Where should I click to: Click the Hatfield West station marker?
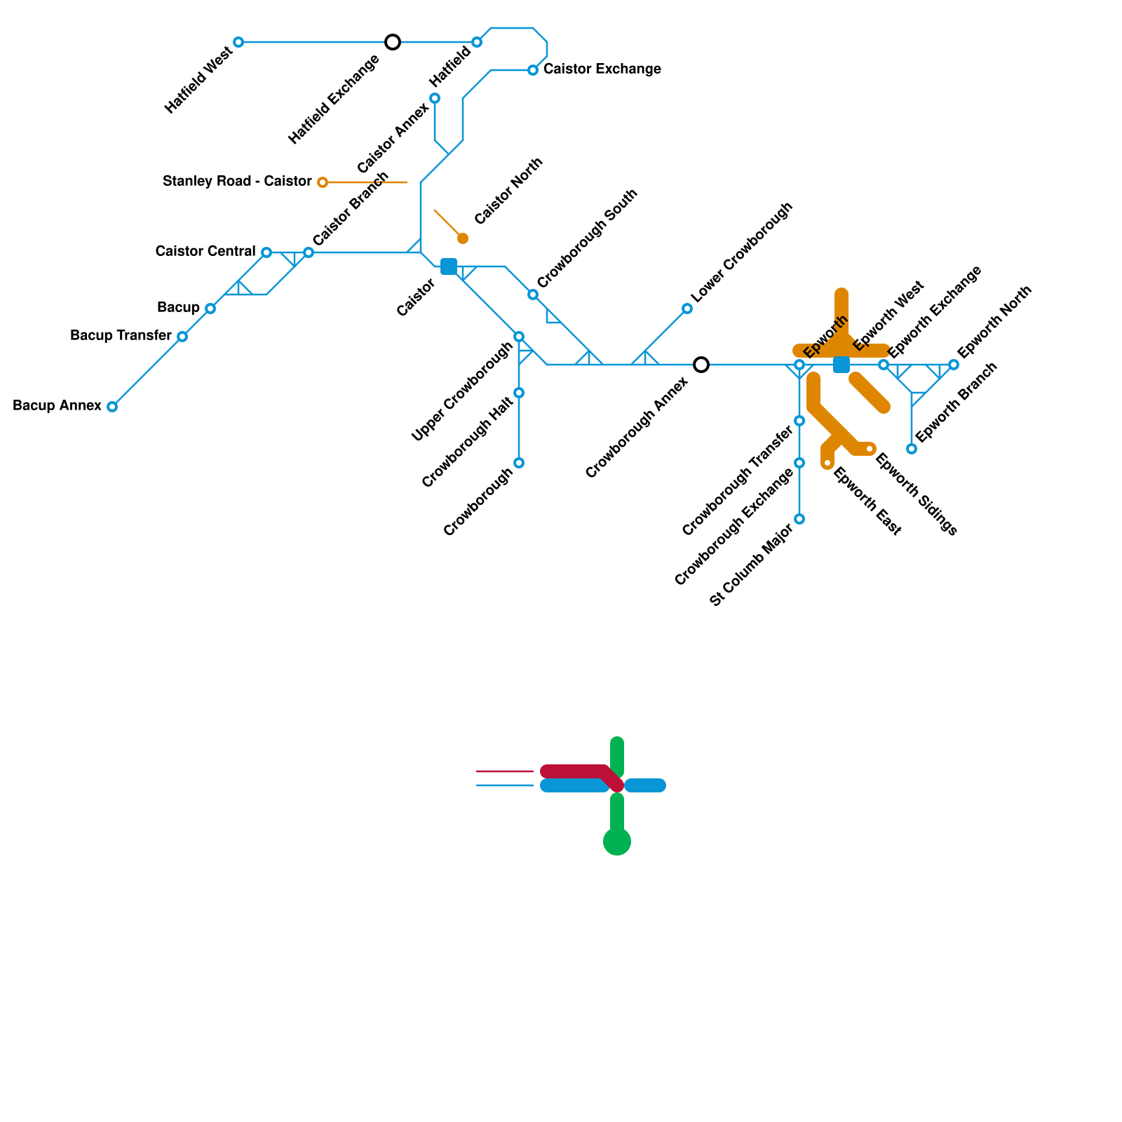pos(238,42)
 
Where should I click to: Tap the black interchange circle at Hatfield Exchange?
pos(393,42)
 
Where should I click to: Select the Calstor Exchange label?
pos(602,69)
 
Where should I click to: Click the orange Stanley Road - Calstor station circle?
pos(323,182)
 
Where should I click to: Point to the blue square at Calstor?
pos(449,266)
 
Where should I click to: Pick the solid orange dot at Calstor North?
pos(463,238)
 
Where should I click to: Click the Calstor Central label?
pos(205,251)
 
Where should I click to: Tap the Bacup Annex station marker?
pos(112,407)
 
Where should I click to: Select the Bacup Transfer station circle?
pos(182,337)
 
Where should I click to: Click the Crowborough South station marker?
pos(533,295)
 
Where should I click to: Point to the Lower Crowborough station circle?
pos(687,309)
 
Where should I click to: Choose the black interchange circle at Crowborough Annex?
pos(701,365)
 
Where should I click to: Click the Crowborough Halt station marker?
pos(519,393)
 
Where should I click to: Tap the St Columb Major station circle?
pos(799,519)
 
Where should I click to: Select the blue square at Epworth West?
pos(841,365)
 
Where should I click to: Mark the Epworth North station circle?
pos(954,365)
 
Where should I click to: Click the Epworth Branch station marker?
pos(912,449)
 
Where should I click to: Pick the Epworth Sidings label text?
pos(916,494)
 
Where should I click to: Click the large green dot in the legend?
pos(617,841)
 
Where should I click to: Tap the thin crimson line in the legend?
pos(505,771)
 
